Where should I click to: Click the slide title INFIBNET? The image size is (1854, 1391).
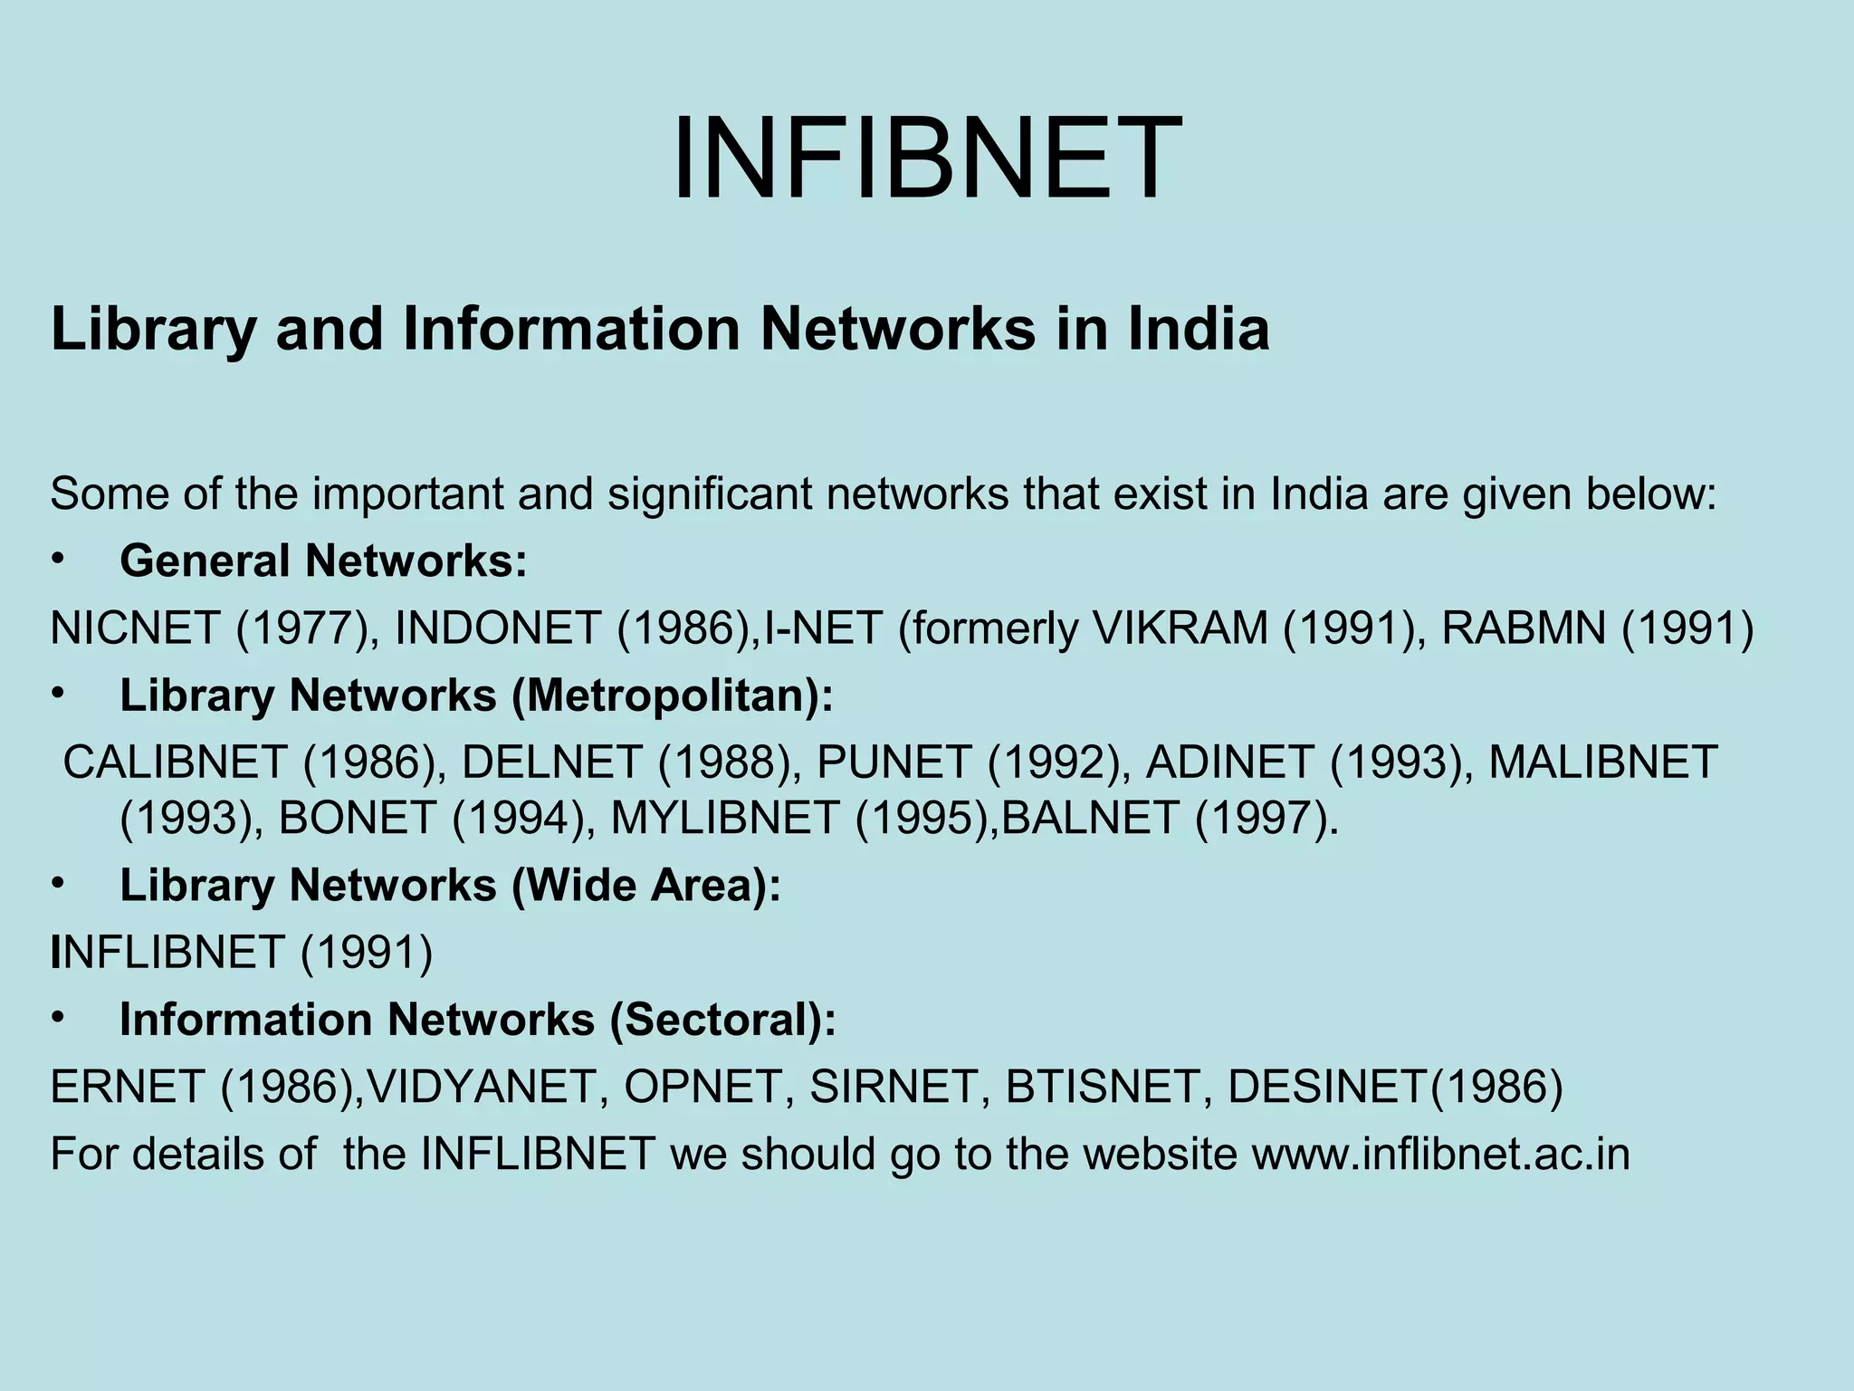pyautogui.click(x=926, y=159)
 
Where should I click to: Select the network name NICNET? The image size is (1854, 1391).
pyautogui.click(x=135, y=628)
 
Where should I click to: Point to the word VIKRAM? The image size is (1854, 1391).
pyautogui.click(x=1180, y=628)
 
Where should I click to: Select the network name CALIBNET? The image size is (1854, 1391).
pyautogui.click(x=175, y=762)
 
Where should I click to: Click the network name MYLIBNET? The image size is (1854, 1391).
pyautogui.click(x=725, y=819)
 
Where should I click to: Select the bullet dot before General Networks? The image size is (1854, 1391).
pyautogui.click(x=59, y=561)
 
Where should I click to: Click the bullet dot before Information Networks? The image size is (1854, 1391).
pyautogui.click(x=59, y=1019)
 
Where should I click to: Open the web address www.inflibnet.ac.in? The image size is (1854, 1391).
pyautogui.click(x=1440, y=1154)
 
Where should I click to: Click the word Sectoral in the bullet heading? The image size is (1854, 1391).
pyautogui.click(x=722, y=1020)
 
